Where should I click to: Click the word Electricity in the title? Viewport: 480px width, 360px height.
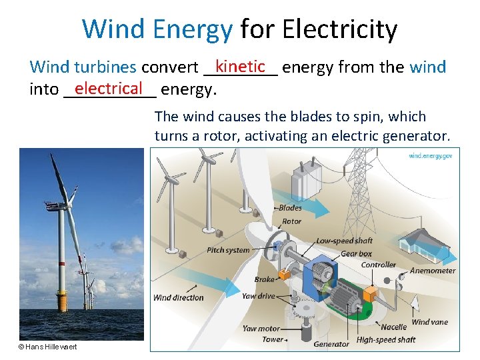pos(339,29)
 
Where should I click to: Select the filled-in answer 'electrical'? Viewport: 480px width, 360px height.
pos(109,87)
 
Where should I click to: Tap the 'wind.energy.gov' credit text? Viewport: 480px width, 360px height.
pos(431,155)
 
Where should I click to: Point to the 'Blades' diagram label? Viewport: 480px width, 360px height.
pos(290,208)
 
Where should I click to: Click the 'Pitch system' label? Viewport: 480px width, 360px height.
pos(228,250)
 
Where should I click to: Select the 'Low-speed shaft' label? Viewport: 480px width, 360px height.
pos(344,241)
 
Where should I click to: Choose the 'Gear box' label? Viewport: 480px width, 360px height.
pos(356,253)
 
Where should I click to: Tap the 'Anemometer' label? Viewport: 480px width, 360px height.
pos(432,271)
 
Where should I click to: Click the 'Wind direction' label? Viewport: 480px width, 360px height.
pos(178,297)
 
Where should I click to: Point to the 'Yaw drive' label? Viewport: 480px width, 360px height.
pos(258,296)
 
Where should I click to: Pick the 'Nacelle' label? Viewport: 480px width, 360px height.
pos(393,327)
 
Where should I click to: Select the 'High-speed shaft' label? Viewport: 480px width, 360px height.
pos(386,339)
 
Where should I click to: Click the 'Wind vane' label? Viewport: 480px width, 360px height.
pos(429,322)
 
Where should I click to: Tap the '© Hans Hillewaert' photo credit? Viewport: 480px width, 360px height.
pos(47,347)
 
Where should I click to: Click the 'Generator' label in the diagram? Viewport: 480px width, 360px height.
pos(331,344)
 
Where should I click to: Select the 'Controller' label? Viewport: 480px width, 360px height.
pos(378,265)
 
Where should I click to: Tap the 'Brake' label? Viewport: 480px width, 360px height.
pos(264,279)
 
